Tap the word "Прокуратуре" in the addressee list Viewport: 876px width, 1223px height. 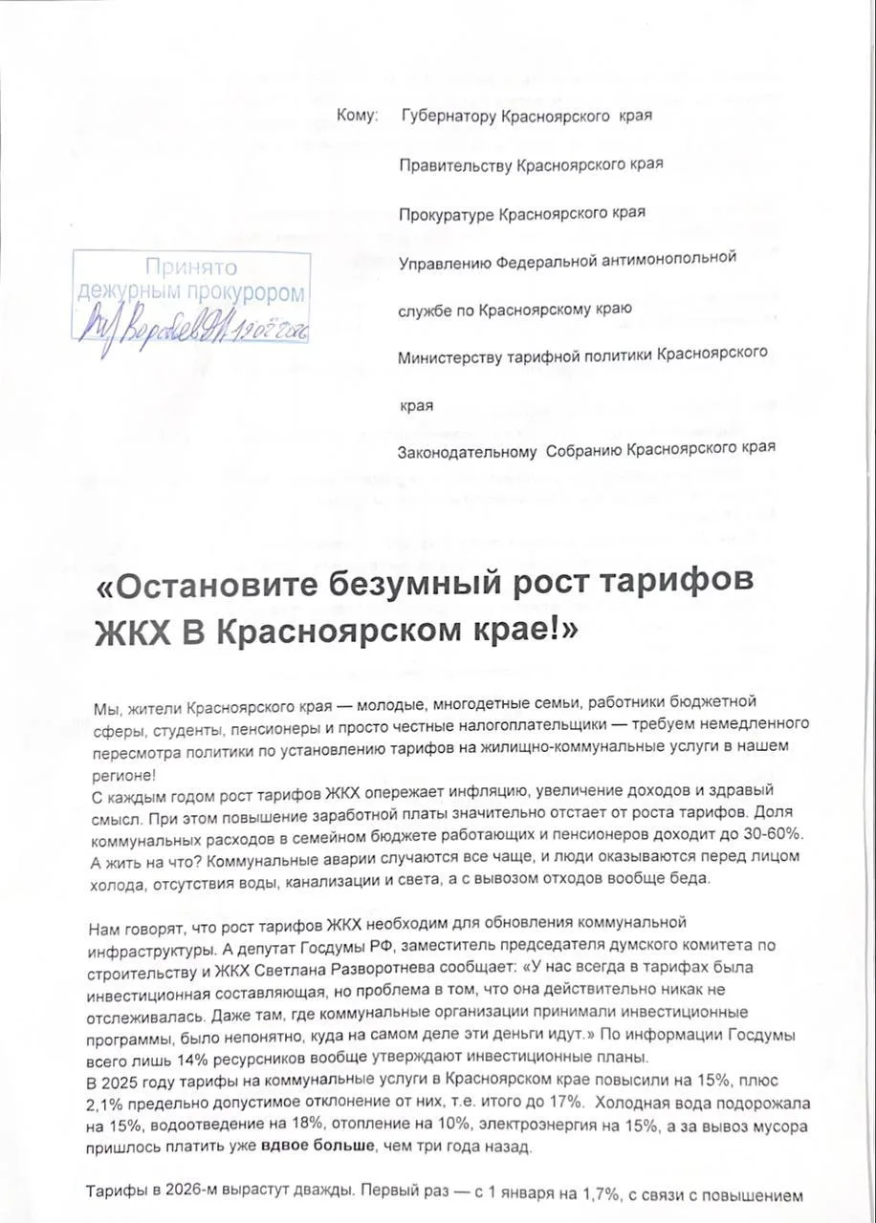[447, 213]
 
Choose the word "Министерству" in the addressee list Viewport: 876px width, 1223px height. [451, 355]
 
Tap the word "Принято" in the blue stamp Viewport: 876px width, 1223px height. [191, 267]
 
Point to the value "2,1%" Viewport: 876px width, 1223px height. [109, 1100]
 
